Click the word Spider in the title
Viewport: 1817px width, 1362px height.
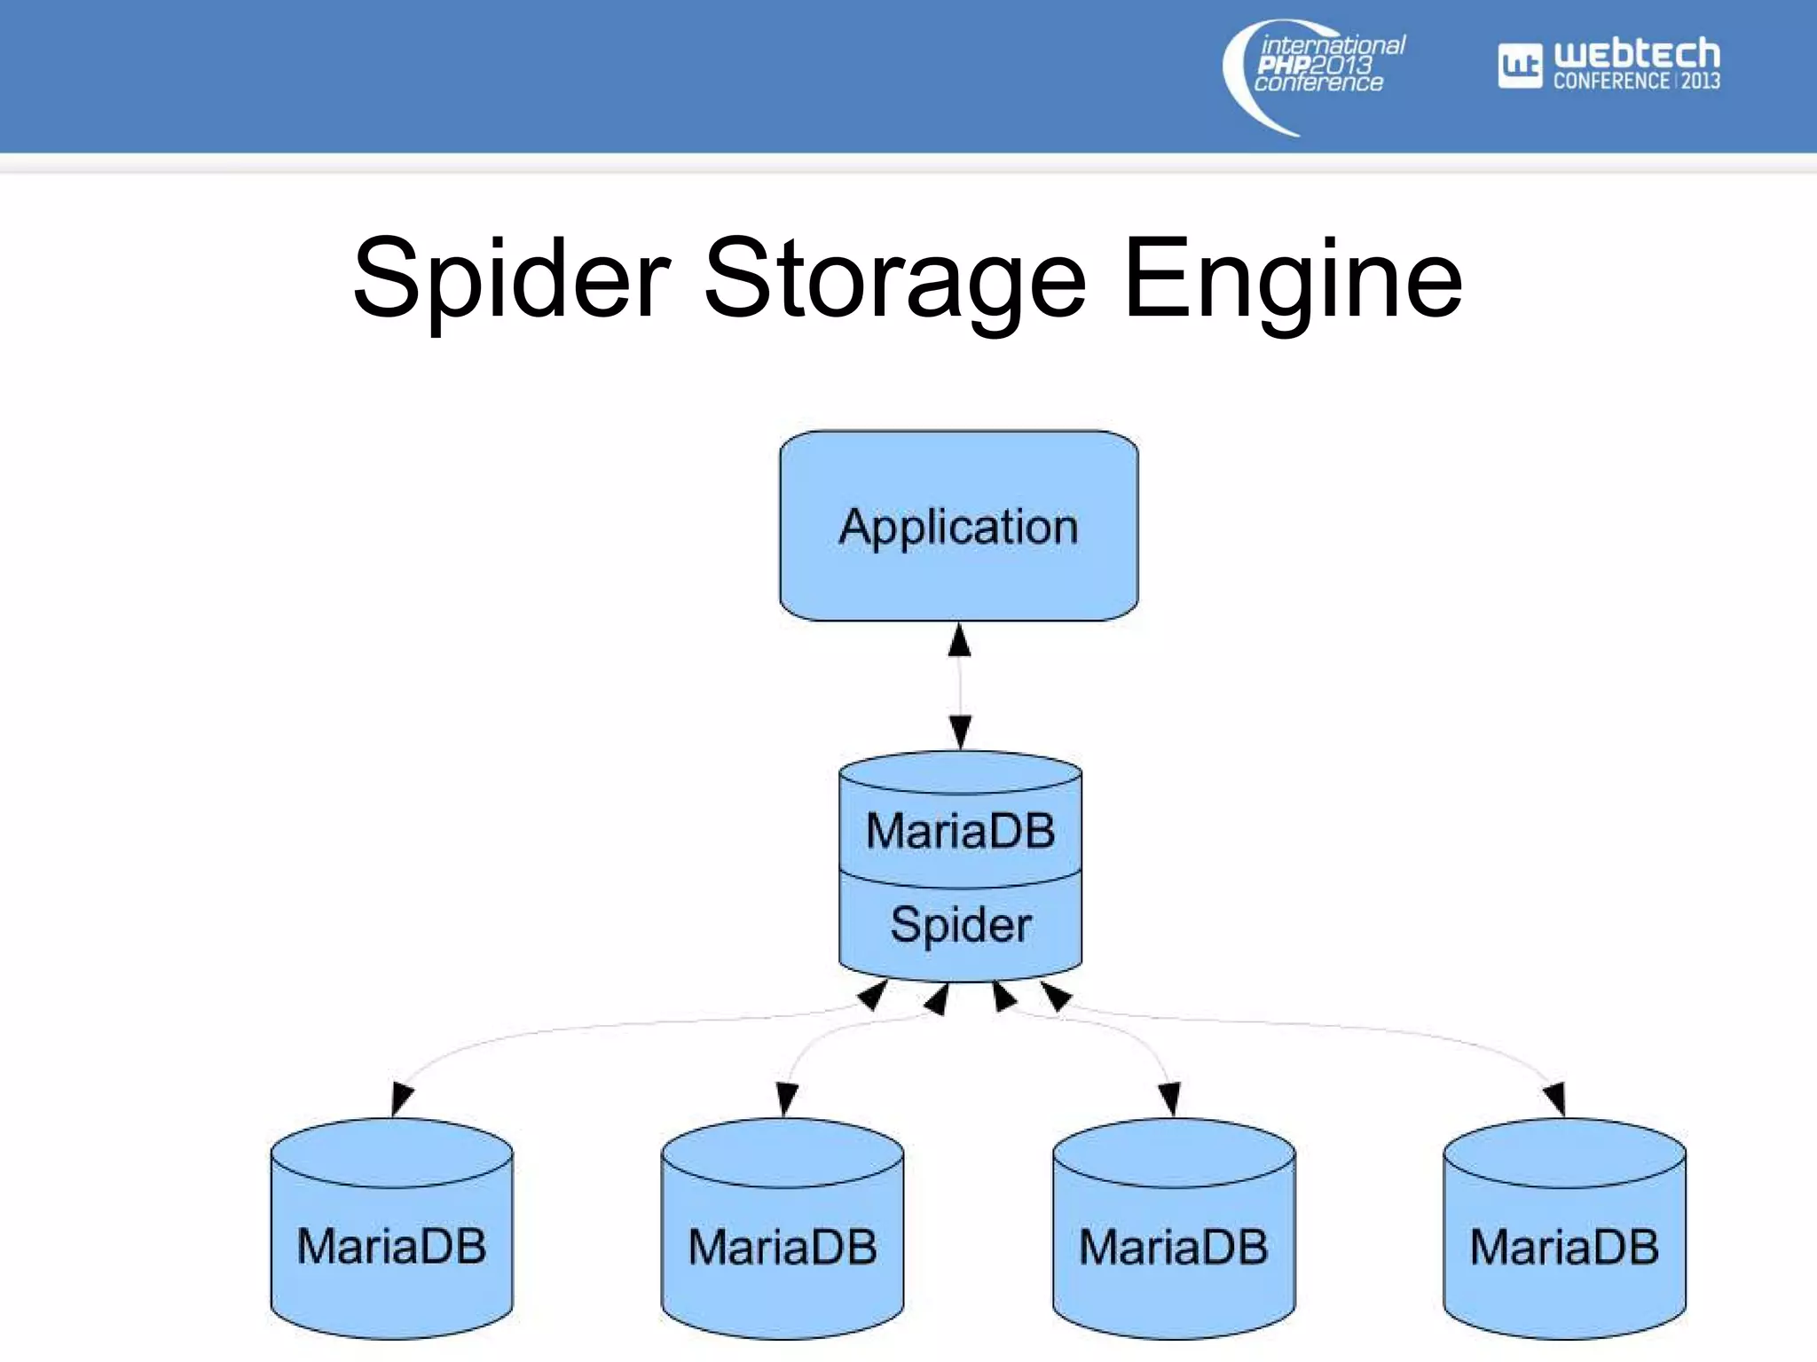click(x=512, y=280)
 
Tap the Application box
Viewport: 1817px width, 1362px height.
click(x=958, y=526)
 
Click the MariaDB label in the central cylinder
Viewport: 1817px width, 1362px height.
click(x=960, y=831)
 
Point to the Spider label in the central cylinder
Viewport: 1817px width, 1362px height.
click(x=960, y=925)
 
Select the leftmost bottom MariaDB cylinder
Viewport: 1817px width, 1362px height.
click(x=391, y=1241)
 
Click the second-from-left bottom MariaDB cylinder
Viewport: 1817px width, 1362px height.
click(x=782, y=1241)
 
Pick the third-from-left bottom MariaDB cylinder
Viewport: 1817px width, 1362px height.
click(x=1173, y=1241)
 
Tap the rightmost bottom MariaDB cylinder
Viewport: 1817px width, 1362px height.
click(x=1564, y=1241)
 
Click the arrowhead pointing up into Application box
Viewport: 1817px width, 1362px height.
click(x=959, y=640)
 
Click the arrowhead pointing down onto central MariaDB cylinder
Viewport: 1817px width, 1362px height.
click(x=960, y=732)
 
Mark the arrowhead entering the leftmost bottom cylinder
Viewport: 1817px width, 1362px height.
click(x=400, y=1098)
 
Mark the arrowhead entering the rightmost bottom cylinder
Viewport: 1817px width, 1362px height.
click(x=1554, y=1098)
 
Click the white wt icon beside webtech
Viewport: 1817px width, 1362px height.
click(x=1520, y=66)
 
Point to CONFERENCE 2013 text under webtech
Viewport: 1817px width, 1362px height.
click(x=1636, y=81)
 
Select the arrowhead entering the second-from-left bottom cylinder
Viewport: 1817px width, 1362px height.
click(x=786, y=1098)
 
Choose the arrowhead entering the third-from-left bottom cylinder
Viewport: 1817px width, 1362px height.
click(x=1169, y=1098)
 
